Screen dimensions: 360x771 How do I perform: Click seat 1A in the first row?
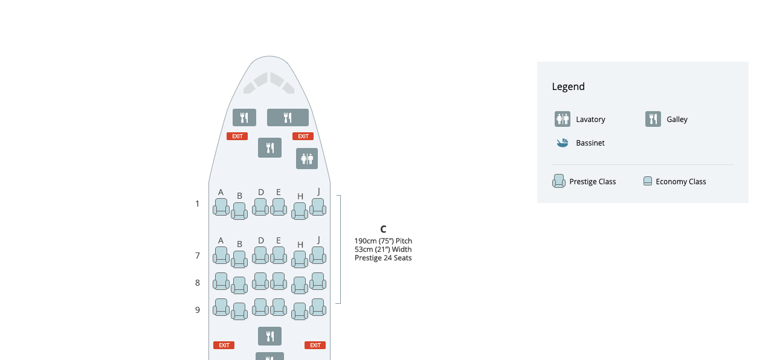point(221,207)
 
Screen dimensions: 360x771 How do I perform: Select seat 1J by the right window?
point(318,207)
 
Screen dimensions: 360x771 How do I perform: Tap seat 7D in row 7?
point(260,256)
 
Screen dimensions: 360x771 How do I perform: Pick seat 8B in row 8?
point(239,285)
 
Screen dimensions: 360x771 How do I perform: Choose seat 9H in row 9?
point(300,311)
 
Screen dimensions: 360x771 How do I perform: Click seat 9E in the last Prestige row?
point(279,307)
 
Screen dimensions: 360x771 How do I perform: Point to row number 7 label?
point(197,256)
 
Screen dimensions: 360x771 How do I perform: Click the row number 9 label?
point(197,310)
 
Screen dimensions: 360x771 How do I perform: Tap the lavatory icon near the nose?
point(306,159)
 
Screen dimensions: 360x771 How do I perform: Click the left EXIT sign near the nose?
point(237,137)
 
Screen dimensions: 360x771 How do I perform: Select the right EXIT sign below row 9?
point(315,346)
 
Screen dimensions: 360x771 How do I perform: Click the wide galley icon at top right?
point(288,118)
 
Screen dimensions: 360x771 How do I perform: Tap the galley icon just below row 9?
point(269,336)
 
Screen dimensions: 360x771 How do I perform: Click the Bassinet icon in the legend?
point(562,143)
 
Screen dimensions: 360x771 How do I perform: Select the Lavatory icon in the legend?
point(562,119)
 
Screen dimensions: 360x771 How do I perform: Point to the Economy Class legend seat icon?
point(647,181)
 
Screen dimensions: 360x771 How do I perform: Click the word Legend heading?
point(568,86)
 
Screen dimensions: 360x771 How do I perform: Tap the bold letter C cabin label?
point(383,230)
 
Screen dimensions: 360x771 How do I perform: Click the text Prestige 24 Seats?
point(383,258)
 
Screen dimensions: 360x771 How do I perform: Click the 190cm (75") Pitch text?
point(383,241)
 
